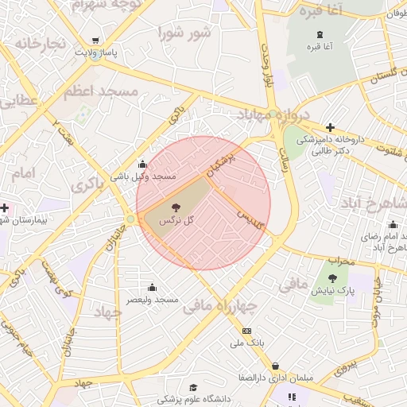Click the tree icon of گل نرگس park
click(175, 207)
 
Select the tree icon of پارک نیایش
click(333, 278)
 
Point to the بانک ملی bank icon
click(246, 331)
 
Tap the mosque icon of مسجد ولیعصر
click(152, 287)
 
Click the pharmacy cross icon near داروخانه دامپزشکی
click(330, 127)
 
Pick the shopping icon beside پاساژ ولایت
click(96, 41)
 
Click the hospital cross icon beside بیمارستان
click(5, 207)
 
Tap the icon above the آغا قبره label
click(320, 34)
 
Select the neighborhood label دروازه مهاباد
click(270, 116)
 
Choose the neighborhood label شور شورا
click(184, 33)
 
